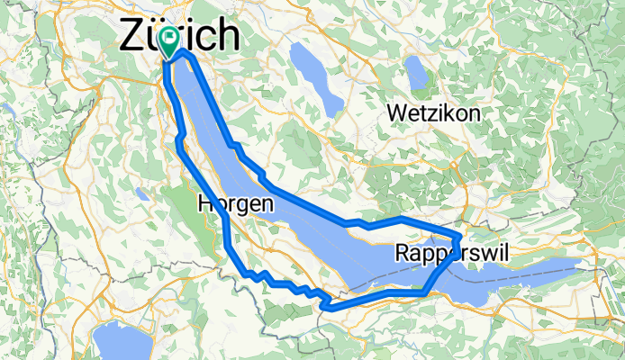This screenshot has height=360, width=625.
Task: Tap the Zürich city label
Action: coord(180,36)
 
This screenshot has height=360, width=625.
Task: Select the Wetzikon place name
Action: coord(433,113)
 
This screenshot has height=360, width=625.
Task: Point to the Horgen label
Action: coord(235,204)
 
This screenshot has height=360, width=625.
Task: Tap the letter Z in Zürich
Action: coord(131,36)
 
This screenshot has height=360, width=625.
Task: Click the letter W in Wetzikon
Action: coord(395,113)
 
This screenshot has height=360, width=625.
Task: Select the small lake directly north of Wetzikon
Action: coord(417,69)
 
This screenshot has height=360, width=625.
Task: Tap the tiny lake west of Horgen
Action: coord(142,194)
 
